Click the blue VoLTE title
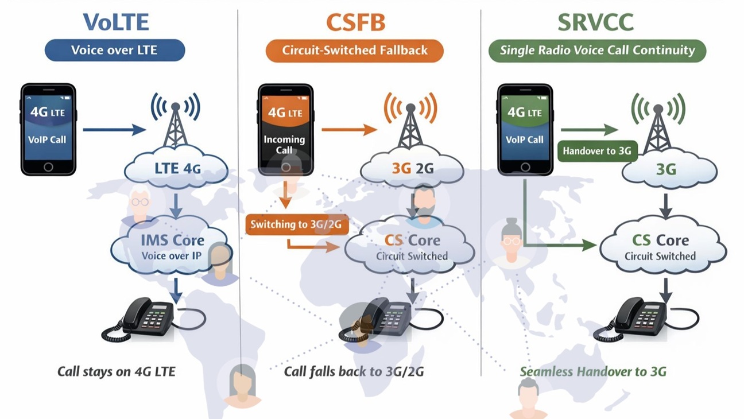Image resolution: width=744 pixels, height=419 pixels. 116,22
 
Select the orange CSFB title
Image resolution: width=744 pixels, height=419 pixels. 355,22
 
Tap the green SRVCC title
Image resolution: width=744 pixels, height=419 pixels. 595,22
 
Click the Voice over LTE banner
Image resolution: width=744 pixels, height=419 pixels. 115,50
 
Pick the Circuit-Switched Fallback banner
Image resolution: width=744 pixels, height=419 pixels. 354,50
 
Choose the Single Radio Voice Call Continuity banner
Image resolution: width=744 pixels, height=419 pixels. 597,50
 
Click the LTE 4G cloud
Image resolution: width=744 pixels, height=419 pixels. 176,169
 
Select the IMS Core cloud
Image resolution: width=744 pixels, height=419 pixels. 172,247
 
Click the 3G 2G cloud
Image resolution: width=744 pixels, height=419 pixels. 412,169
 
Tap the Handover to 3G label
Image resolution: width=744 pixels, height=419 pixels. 596,152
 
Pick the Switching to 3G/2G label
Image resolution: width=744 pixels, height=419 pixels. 296,224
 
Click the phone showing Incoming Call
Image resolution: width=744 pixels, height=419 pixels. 285,129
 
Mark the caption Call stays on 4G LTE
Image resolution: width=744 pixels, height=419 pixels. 116,371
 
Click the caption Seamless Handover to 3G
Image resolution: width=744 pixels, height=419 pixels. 593,371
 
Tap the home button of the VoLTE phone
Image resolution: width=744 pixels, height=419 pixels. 48,167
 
